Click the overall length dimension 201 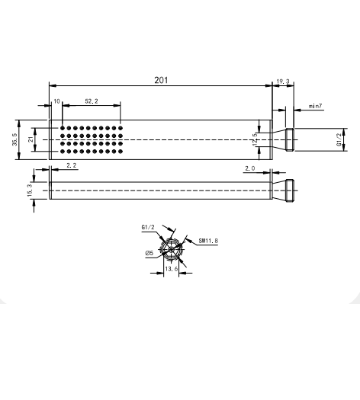(160, 79)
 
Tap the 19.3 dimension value (282, 79)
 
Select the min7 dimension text (316, 106)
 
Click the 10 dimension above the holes (56, 101)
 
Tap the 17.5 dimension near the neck (256, 139)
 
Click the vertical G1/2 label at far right (339, 139)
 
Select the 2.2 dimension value (71, 165)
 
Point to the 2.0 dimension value (250, 168)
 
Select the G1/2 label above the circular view (148, 227)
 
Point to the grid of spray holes (92, 139)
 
